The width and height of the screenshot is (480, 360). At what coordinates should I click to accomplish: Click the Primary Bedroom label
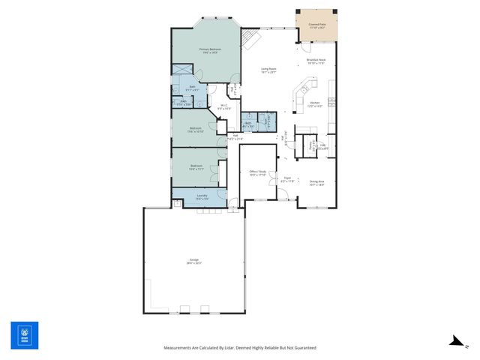pyautogui.click(x=208, y=49)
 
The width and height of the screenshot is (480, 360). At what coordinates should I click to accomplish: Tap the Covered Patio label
pyautogui.click(x=316, y=25)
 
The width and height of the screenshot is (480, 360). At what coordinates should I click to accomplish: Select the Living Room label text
pyautogui.click(x=268, y=70)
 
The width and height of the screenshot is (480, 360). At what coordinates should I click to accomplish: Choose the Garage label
pyautogui.click(x=194, y=262)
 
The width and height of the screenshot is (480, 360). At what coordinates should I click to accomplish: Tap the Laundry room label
pyautogui.click(x=202, y=196)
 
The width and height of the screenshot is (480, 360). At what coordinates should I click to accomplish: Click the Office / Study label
pyautogui.click(x=257, y=172)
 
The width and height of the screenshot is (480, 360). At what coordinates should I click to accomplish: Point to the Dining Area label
pyautogui.click(x=316, y=181)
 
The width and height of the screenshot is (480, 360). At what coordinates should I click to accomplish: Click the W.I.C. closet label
pyautogui.click(x=223, y=106)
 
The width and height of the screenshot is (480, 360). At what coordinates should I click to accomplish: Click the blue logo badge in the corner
pyautogui.click(x=24, y=335)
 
